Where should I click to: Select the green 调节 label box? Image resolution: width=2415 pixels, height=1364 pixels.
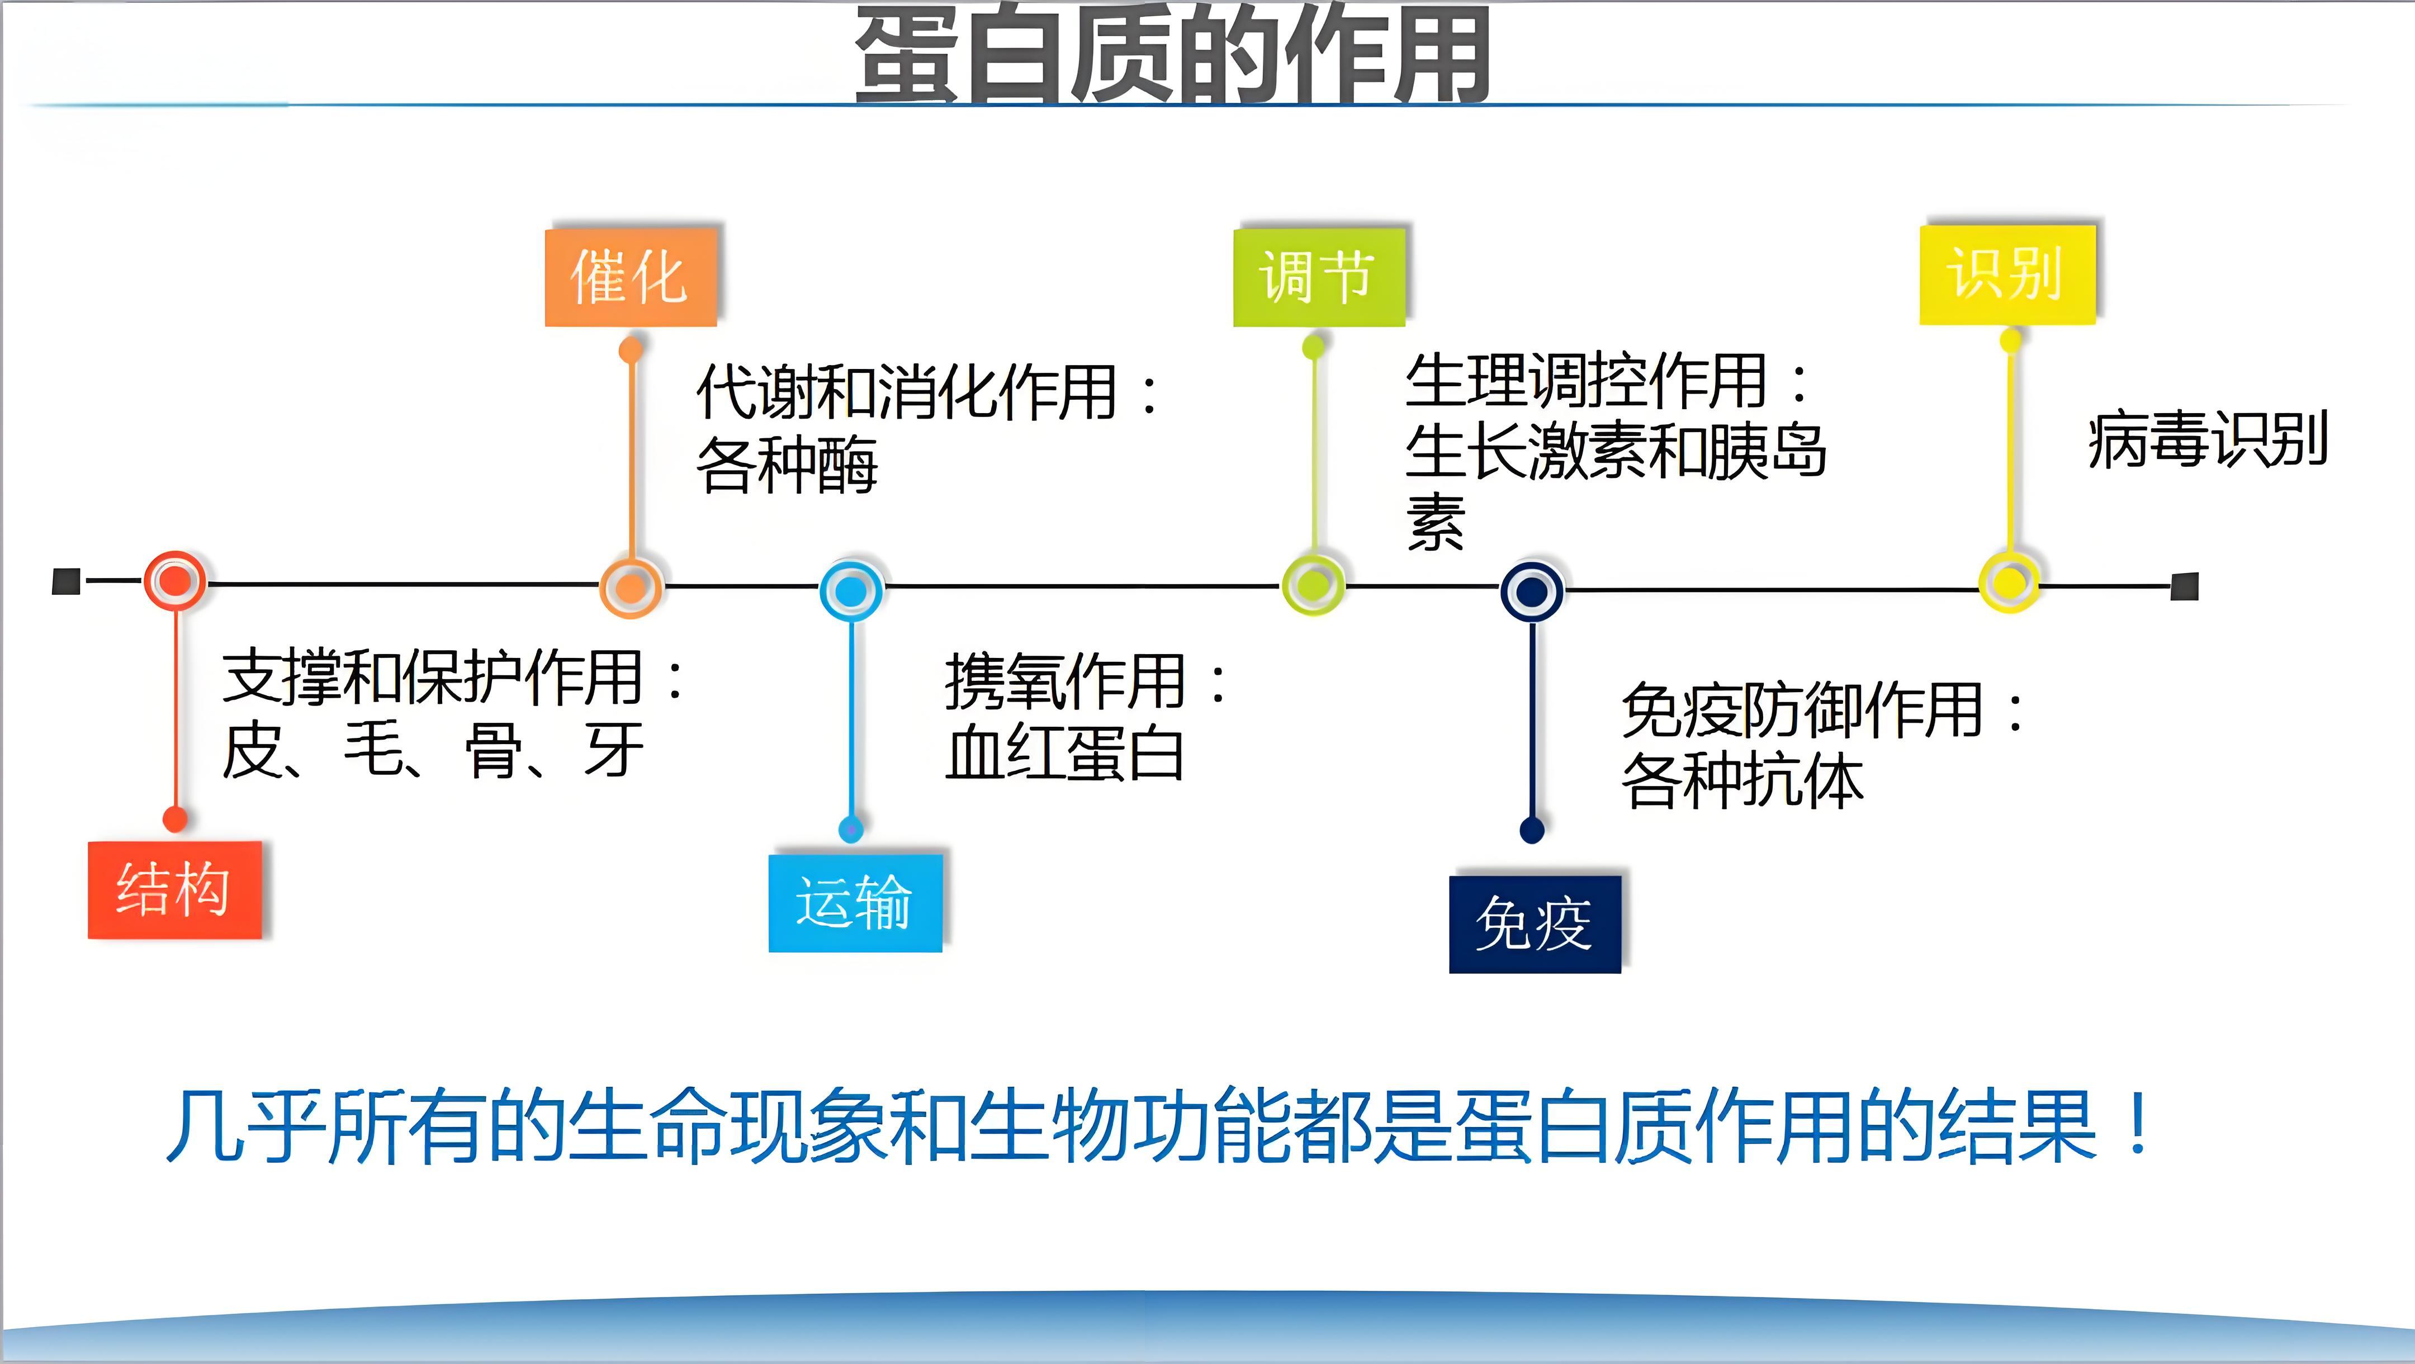point(1319,277)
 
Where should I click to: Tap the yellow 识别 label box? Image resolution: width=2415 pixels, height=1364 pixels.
point(2007,274)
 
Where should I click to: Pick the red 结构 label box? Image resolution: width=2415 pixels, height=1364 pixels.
point(174,889)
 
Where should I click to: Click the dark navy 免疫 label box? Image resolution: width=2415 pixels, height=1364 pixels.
point(1535,924)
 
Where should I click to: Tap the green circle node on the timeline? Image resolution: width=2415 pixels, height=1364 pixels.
point(1314,584)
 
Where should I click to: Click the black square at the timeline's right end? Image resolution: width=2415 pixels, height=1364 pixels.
point(2184,587)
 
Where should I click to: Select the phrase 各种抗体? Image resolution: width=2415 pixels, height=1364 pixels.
point(1743,782)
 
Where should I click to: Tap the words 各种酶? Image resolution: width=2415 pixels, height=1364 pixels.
point(787,464)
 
